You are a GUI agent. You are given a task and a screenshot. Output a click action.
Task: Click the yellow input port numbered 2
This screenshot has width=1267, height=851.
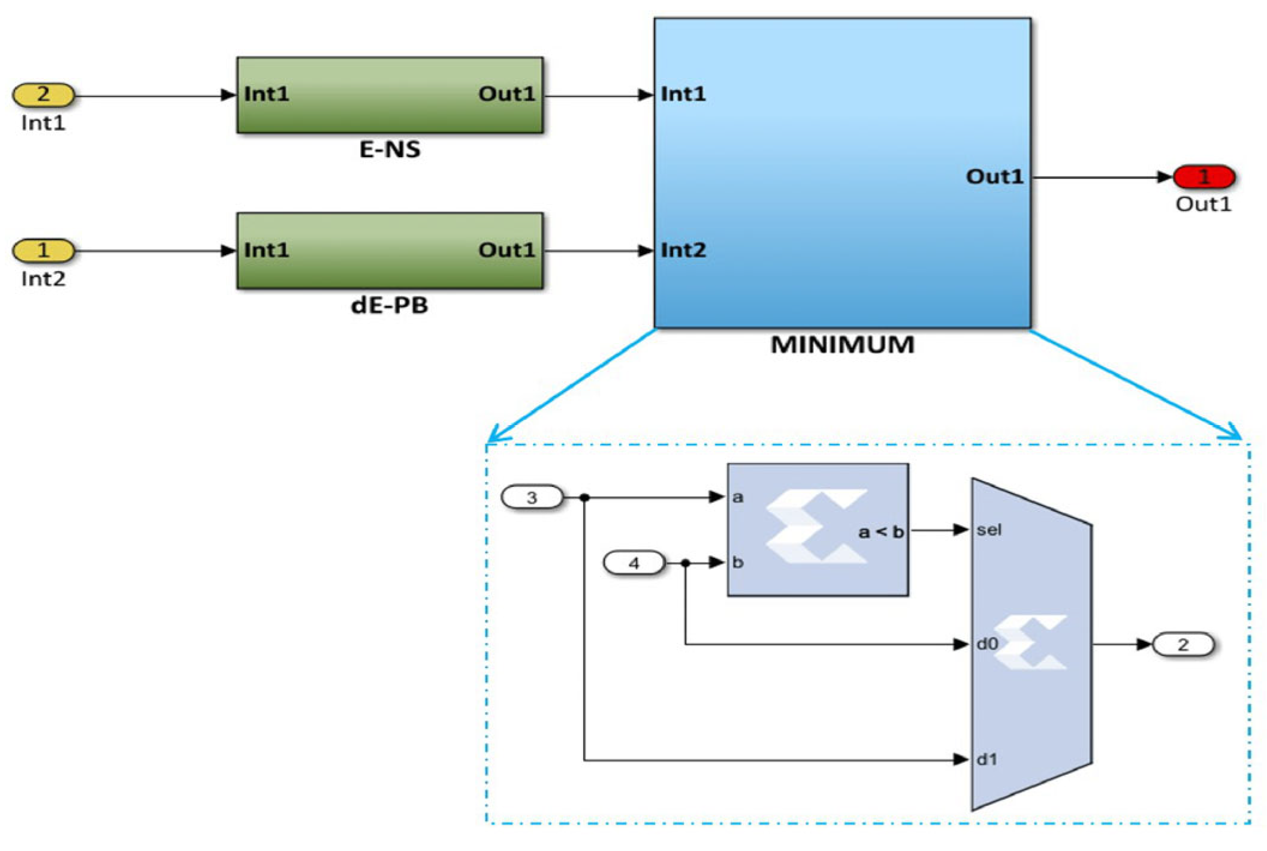[43, 95]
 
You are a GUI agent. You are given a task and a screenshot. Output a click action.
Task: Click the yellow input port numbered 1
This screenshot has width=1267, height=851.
[43, 250]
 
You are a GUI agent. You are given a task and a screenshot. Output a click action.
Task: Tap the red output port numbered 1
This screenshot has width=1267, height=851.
[1203, 177]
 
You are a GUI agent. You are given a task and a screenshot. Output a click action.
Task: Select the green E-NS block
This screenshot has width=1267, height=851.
[390, 95]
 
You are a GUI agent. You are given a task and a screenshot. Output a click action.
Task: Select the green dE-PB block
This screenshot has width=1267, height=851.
[390, 250]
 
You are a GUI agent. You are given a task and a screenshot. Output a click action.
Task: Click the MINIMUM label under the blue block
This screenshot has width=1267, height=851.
[842, 345]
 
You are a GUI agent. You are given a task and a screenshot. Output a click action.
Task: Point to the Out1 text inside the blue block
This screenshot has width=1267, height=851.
[994, 176]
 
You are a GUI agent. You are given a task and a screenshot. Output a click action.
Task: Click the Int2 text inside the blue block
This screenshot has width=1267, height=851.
[683, 250]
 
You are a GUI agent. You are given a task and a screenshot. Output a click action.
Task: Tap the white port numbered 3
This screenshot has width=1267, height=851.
[532, 497]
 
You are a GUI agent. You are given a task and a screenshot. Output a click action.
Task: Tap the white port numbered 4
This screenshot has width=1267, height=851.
[633, 563]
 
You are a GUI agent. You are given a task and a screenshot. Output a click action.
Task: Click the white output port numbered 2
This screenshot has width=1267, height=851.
[1182, 645]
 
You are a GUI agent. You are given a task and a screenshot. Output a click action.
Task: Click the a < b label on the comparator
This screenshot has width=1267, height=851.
[880, 532]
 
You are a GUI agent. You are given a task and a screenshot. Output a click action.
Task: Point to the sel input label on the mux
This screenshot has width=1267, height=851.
[988, 530]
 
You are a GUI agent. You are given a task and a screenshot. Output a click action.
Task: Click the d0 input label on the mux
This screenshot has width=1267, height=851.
[987, 644]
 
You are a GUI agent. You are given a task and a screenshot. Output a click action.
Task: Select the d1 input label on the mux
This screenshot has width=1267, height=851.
[987, 760]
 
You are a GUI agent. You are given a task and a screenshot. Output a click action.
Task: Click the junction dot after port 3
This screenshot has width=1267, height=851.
[584, 497]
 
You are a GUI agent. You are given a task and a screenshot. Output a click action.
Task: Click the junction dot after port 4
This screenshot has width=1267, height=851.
[686, 563]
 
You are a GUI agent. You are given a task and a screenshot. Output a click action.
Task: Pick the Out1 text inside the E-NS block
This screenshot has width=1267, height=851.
[506, 94]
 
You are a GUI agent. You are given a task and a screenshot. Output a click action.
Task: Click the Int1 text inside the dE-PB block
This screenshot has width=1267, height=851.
[266, 250]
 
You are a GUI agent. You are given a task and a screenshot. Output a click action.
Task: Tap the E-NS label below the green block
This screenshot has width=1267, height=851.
[390, 149]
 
